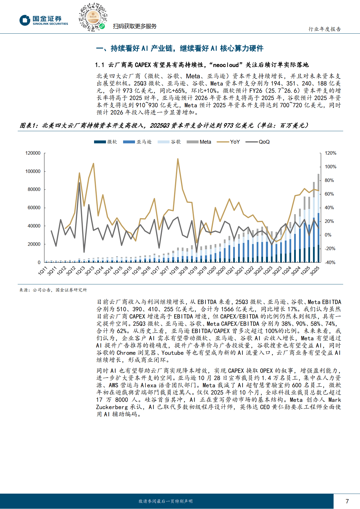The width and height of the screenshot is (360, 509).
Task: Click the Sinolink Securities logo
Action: point(44,20)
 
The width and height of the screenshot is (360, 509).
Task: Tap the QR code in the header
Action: point(93,17)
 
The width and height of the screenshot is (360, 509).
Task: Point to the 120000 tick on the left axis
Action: point(33,153)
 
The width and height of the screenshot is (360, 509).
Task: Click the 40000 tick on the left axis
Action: point(34,226)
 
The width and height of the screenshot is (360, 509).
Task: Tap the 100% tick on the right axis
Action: point(330,167)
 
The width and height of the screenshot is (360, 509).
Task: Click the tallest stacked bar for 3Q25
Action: point(318,218)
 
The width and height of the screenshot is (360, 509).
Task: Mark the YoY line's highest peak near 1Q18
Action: point(178,159)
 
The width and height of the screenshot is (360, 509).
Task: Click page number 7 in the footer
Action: point(347,501)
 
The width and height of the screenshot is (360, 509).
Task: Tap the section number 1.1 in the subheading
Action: point(100,65)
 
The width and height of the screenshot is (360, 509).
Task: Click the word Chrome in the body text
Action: point(126,353)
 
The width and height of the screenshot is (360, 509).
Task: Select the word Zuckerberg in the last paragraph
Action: point(112,407)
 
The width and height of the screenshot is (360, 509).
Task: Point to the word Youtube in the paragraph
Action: point(172,353)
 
